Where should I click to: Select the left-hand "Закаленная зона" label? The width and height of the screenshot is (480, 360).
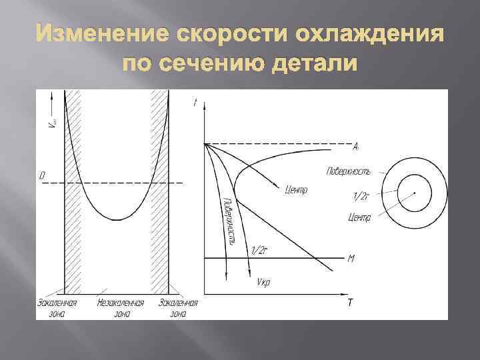57,307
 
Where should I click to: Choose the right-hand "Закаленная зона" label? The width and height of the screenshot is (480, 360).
178,307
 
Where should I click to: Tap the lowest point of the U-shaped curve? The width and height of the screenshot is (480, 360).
117,219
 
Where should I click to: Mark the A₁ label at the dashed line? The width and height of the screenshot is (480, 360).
357,145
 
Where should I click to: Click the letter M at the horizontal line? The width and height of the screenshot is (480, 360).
351,257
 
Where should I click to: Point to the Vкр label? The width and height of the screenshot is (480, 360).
263,282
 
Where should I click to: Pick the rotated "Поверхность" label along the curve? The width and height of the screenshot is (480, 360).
227,221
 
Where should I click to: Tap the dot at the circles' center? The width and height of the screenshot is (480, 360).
415,193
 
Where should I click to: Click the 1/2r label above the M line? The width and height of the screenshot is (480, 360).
259,250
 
